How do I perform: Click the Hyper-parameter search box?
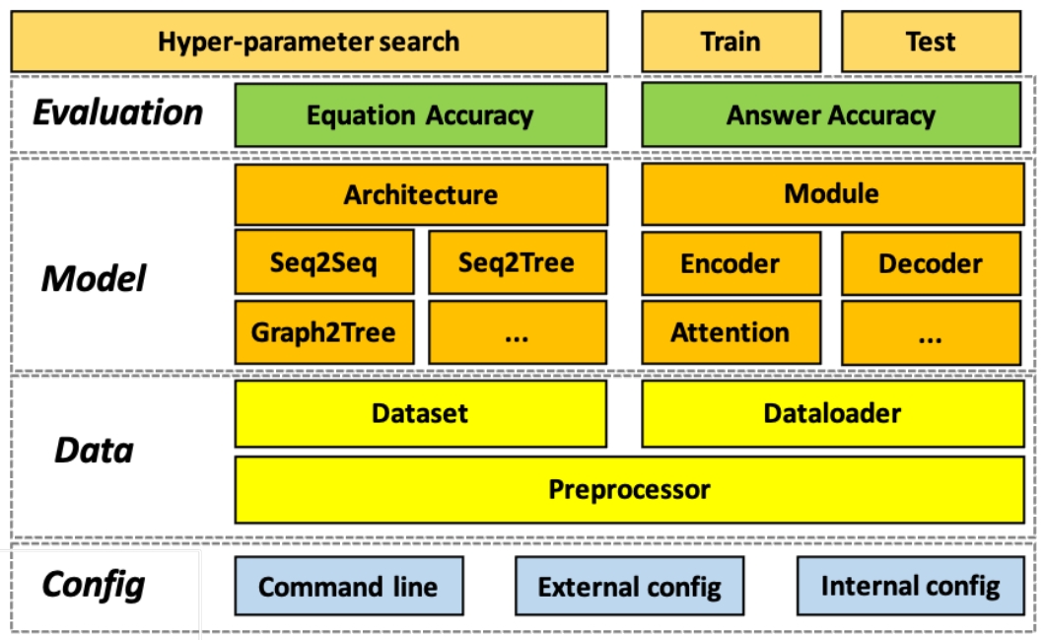click(x=309, y=41)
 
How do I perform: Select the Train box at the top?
click(x=731, y=41)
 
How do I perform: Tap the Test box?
click(x=931, y=41)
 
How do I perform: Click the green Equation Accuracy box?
click(x=420, y=115)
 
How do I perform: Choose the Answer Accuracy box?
click(x=832, y=115)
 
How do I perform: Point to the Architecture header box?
click(x=420, y=194)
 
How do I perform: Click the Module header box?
click(x=832, y=194)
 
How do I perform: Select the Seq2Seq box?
click(x=324, y=263)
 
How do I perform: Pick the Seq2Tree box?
click(x=517, y=263)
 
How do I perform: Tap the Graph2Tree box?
click(x=324, y=332)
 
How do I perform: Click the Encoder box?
click(x=731, y=263)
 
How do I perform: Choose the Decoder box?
click(x=931, y=263)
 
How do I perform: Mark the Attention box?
click(x=731, y=332)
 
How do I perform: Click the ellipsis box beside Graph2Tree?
click(x=517, y=332)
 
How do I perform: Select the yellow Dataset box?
click(x=420, y=413)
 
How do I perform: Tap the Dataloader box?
click(x=832, y=413)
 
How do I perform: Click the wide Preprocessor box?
click(x=629, y=489)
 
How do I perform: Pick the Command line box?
click(x=348, y=587)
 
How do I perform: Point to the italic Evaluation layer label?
click(x=118, y=112)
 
